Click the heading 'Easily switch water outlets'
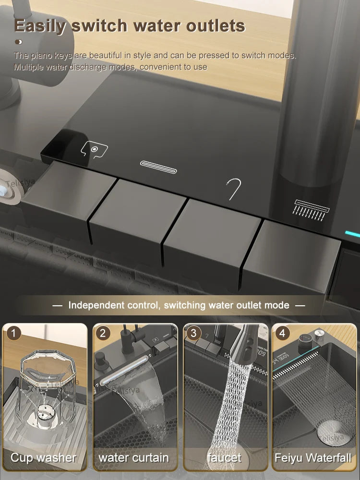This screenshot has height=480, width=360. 130,26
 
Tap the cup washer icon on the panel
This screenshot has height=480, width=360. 94,149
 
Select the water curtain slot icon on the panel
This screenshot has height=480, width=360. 158,167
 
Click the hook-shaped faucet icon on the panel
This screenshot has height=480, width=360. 234,189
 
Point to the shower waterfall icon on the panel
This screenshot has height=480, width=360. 312,209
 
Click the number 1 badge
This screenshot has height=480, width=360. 15,333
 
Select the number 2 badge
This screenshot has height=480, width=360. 103,333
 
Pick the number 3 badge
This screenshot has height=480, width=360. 193,333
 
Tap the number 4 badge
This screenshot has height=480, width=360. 282,333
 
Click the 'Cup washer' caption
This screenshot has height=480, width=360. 44,457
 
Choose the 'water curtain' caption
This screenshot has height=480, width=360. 134,457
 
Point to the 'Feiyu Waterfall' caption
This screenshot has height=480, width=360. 313,457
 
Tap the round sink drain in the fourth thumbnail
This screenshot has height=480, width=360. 330,429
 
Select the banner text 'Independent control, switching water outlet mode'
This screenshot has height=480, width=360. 179,305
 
